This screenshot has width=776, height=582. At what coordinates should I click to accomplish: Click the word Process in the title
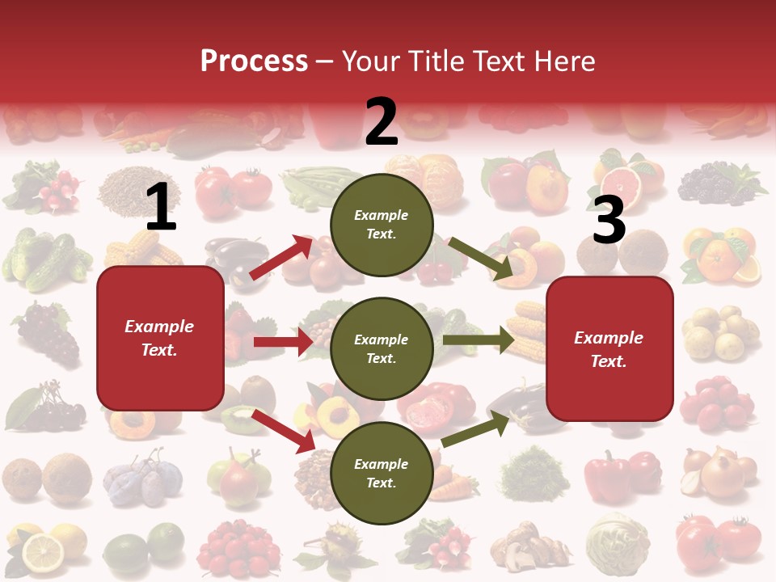(254, 61)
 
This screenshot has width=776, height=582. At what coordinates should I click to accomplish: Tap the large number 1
(161, 208)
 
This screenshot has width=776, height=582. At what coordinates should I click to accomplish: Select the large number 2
(382, 122)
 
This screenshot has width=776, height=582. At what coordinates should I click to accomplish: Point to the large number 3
(609, 221)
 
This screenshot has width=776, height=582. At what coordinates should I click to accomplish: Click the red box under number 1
(160, 338)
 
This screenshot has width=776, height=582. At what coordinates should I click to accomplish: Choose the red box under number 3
(609, 348)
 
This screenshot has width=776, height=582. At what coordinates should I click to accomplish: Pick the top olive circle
(382, 225)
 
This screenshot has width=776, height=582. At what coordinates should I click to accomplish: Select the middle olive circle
(382, 348)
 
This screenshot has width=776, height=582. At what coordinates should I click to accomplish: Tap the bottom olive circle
(382, 473)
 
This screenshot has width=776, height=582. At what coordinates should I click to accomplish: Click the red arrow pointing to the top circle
(281, 257)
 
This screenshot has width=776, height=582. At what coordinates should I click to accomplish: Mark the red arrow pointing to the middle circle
(283, 342)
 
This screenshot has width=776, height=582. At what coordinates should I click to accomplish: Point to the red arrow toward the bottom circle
(284, 430)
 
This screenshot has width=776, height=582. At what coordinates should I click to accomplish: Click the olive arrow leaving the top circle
(482, 259)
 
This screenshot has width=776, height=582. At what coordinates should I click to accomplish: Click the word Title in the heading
(436, 61)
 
